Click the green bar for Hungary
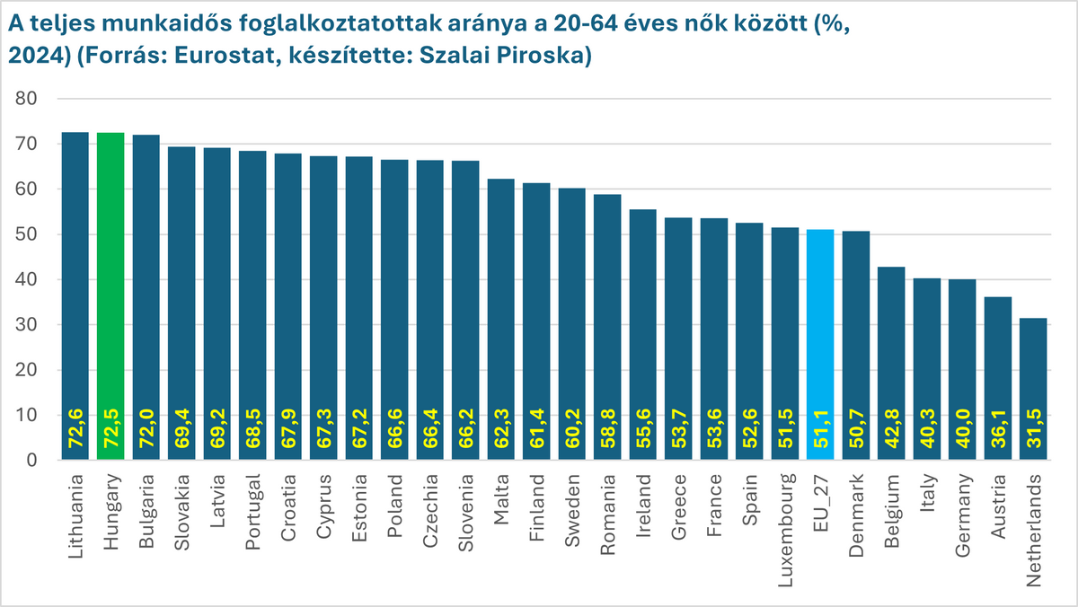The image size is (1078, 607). coord(110,296)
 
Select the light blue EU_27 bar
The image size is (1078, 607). coord(820,346)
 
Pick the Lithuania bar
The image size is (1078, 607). coord(75,296)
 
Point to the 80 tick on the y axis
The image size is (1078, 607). coord(30,99)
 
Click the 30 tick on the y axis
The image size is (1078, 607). coord(30,325)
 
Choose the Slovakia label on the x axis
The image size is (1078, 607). coord(182,502)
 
